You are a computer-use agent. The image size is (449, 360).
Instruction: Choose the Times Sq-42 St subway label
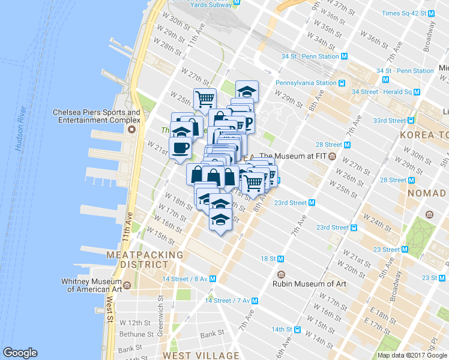(x=403, y=13)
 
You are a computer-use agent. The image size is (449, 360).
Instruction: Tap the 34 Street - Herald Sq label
(x=382, y=92)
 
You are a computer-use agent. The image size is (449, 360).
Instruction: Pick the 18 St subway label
(x=268, y=259)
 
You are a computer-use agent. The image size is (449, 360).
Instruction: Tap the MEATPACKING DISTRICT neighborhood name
(x=144, y=259)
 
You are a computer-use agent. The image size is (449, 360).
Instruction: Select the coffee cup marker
(x=181, y=147)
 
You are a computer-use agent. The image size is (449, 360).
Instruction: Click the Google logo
(x=20, y=353)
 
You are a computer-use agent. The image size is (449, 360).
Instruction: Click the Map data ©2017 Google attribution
(x=412, y=355)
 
